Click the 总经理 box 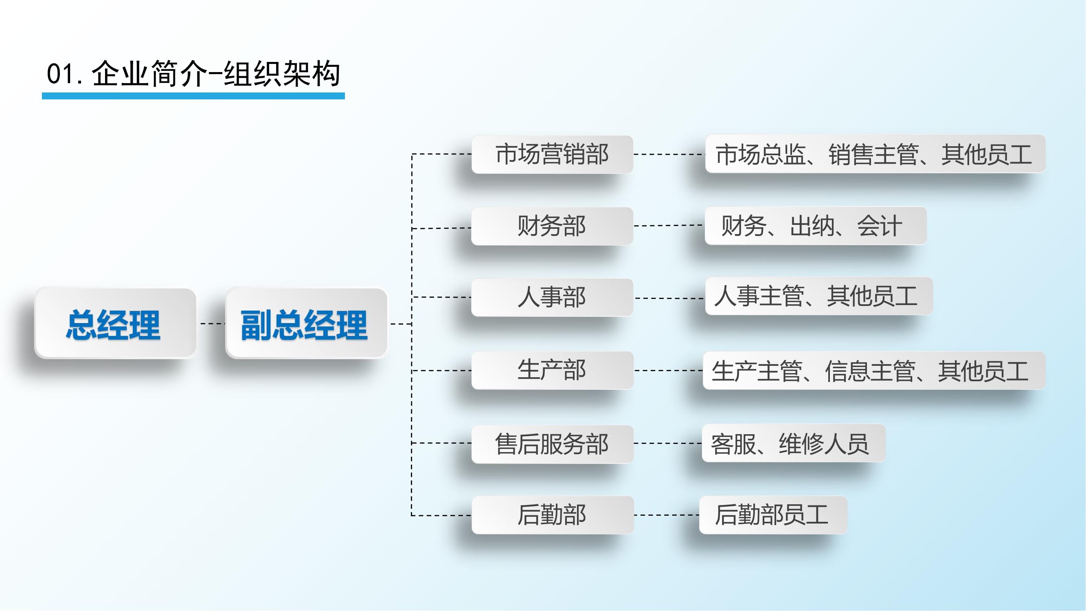(x=116, y=323)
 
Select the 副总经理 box (x=307, y=323)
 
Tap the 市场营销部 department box (x=552, y=154)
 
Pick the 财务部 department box (x=552, y=226)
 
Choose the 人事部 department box (x=552, y=297)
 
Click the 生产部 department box (x=552, y=370)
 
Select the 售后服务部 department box (x=552, y=444)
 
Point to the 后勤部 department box (x=552, y=515)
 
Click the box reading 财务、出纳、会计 (x=816, y=226)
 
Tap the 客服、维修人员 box (x=793, y=443)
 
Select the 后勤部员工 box (x=773, y=515)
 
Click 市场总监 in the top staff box (x=761, y=154)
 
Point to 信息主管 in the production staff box (x=870, y=371)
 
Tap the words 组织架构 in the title (x=282, y=74)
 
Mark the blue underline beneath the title (x=193, y=96)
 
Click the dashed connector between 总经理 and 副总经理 (x=213, y=323)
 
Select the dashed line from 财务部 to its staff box (x=669, y=226)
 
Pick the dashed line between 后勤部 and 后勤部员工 (x=667, y=515)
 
